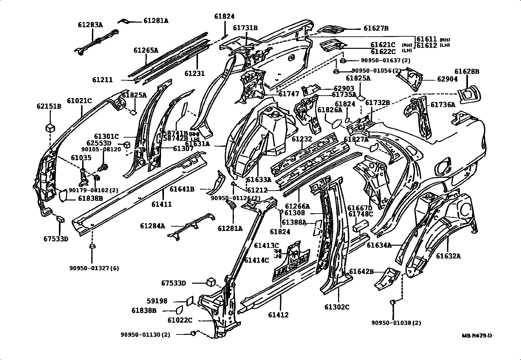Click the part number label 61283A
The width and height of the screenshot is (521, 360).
coord(90,25)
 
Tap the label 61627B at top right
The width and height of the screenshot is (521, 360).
coord(376,28)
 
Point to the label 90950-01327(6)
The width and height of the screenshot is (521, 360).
coord(94,268)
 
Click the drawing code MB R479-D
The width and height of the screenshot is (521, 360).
coord(477,335)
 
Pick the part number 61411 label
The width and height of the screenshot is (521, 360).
coord(162,204)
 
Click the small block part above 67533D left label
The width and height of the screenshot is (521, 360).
coord(60,218)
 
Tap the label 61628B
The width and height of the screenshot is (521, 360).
coord(467,71)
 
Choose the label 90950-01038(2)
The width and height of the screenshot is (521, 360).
coord(396,323)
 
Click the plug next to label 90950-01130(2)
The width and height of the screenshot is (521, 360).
coord(193,333)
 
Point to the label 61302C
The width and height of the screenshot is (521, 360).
coord(337,307)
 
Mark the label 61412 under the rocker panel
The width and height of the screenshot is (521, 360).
coord(278,315)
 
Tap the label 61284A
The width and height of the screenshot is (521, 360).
coord(153,226)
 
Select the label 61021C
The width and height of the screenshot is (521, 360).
coord(80,101)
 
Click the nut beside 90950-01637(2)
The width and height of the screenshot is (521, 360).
coord(343,61)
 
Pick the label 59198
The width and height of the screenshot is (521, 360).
coord(157,301)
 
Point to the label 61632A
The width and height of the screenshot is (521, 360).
coord(448,256)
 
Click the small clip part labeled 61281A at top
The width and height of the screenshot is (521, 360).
coord(124,21)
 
